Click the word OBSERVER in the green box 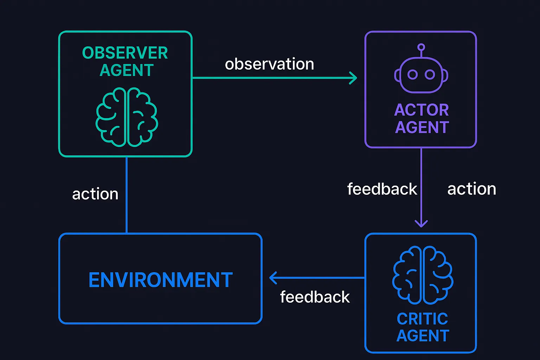(x=125, y=53)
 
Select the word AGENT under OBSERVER (x=127, y=70)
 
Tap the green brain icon (x=127, y=117)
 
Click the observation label (x=269, y=64)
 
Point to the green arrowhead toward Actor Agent (x=353, y=78)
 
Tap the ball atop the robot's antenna (x=421, y=47)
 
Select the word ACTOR (x=422, y=110)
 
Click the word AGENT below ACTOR (x=422, y=127)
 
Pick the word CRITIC (x=422, y=319)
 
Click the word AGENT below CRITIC (x=423, y=336)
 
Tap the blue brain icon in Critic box (x=423, y=275)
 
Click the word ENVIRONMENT (x=161, y=280)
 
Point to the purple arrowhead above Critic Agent (x=421, y=223)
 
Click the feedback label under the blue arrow (x=315, y=297)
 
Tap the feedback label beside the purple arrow (x=382, y=189)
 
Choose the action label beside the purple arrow (x=471, y=189)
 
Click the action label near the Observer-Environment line (x=95, y=194)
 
